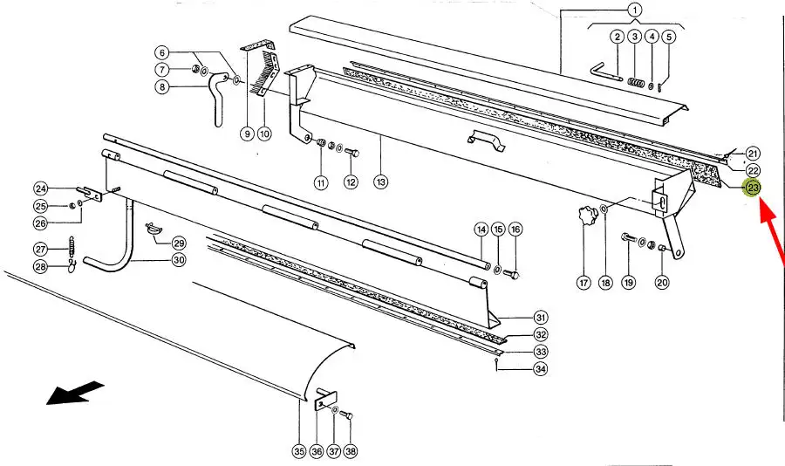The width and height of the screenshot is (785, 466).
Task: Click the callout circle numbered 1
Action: coord(635,10)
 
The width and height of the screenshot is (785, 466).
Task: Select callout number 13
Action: coord(380,182)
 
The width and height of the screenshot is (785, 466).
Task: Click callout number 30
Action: coord(179,260)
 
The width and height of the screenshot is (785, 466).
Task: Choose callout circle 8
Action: coord(162,86)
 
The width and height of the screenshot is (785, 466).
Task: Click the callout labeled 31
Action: coord(541,317)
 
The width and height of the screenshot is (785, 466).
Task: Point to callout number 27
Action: coord(40,248)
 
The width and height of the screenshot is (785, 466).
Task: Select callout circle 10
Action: coord(264,134)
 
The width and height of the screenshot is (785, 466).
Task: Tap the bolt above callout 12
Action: coord(352,154)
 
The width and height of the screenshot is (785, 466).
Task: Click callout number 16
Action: coord(515,230)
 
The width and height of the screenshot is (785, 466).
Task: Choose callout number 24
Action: coord(40,188)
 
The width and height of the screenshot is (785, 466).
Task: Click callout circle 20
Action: coord(662,282)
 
